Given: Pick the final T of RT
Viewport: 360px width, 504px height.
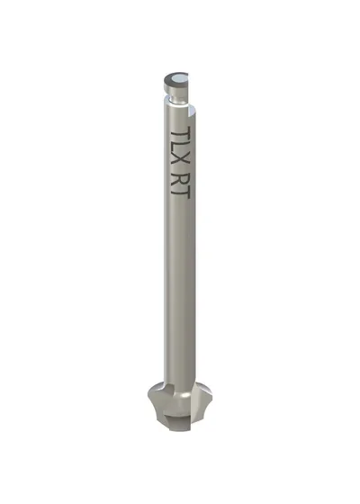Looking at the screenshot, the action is [180, 193].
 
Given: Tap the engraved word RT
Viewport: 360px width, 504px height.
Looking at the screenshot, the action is [180, 186].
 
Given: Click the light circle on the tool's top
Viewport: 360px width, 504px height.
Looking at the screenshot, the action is [178, 78].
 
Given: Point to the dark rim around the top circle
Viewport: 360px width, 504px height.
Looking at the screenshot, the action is [167, 78].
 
